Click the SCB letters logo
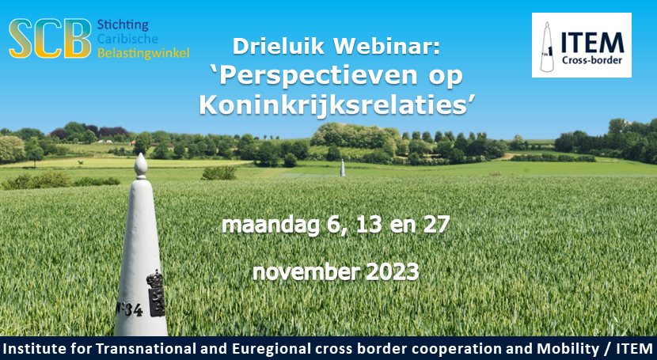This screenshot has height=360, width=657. pos(50,38)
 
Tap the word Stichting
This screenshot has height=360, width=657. pos(123,25)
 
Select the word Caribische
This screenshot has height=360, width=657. pos(127,39)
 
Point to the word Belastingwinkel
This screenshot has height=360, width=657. pos(143,53)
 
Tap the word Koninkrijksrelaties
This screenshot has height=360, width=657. pos(333,105)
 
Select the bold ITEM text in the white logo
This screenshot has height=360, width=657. pos(592,43)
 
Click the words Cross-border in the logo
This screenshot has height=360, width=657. pos(592,60)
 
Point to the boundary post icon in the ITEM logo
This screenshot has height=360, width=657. pos(547,47)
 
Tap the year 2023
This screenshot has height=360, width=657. pos(392,272)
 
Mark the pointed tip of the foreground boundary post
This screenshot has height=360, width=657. pos(141,154)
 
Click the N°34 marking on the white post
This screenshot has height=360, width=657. pos(130,309)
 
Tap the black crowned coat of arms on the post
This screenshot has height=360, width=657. pos(156,294)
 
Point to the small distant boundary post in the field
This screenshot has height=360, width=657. pos(342,168)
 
